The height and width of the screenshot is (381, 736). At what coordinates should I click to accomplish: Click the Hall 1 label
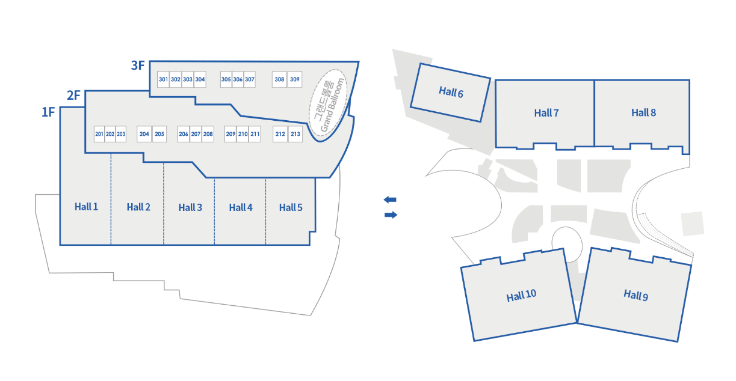tap(86, 207)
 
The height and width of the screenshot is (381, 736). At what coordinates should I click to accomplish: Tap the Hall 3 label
tap(190, 207)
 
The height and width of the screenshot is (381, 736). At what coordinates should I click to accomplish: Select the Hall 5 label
tap(291, 207)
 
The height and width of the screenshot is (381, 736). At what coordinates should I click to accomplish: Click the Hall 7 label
tap(546, 113)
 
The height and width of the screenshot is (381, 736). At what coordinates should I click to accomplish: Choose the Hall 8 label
tap(643, 112)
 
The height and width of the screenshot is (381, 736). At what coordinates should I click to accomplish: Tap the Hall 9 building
tap(635, 294)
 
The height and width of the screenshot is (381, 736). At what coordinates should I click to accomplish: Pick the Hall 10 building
tap(521, 296)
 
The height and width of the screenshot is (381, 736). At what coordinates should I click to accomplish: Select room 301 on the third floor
tap(163, 79)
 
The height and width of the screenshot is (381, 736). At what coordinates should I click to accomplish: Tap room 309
tap(294, 79)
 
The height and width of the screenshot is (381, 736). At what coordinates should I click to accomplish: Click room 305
tap(226, 79)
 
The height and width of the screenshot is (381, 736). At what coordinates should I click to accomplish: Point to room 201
tap(99, 134)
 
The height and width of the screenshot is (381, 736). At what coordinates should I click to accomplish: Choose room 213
tap(295, 134)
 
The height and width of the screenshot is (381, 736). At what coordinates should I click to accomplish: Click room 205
tap(159, 134)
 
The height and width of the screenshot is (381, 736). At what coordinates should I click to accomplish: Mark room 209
tap(230, 134)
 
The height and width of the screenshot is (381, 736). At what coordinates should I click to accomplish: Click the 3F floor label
tap(138, 66)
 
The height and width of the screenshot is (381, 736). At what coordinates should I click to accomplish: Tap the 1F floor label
tap(48, 112)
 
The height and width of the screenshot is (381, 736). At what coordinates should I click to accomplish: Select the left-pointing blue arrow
tap(391, 200)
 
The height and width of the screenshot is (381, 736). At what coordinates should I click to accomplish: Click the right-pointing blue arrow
tap(391, 215)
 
